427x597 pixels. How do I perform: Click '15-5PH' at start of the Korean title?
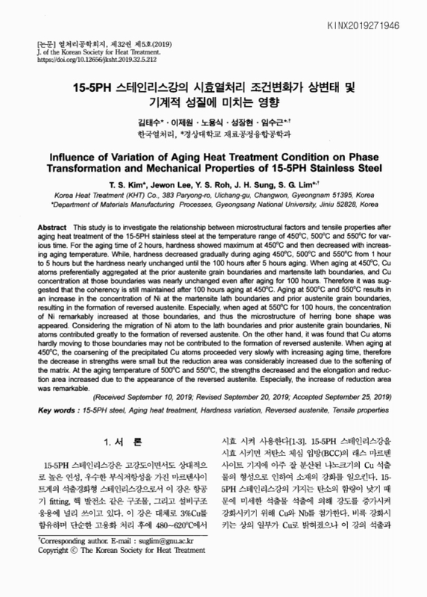tap(89, 87)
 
